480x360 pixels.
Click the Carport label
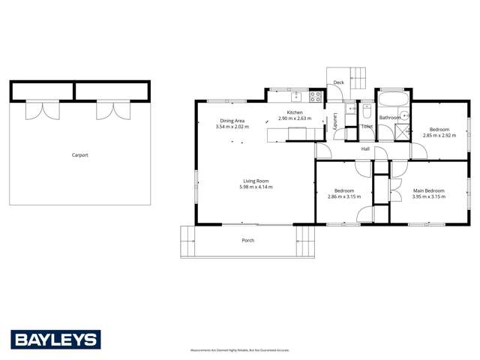79,155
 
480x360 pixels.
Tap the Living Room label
256,181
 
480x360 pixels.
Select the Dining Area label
232,121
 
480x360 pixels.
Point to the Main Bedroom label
428,191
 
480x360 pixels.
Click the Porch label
247,241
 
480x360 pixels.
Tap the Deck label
338,82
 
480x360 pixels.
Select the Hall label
365,149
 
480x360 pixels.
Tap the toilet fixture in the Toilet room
367,112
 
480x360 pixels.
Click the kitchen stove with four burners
316,96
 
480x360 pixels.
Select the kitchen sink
296,96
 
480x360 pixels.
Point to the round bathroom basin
403,115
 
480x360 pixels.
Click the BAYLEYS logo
55,339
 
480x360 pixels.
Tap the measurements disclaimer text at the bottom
239,349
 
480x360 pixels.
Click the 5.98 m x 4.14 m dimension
256,187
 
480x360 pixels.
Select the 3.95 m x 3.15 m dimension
428,197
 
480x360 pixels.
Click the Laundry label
335,120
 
